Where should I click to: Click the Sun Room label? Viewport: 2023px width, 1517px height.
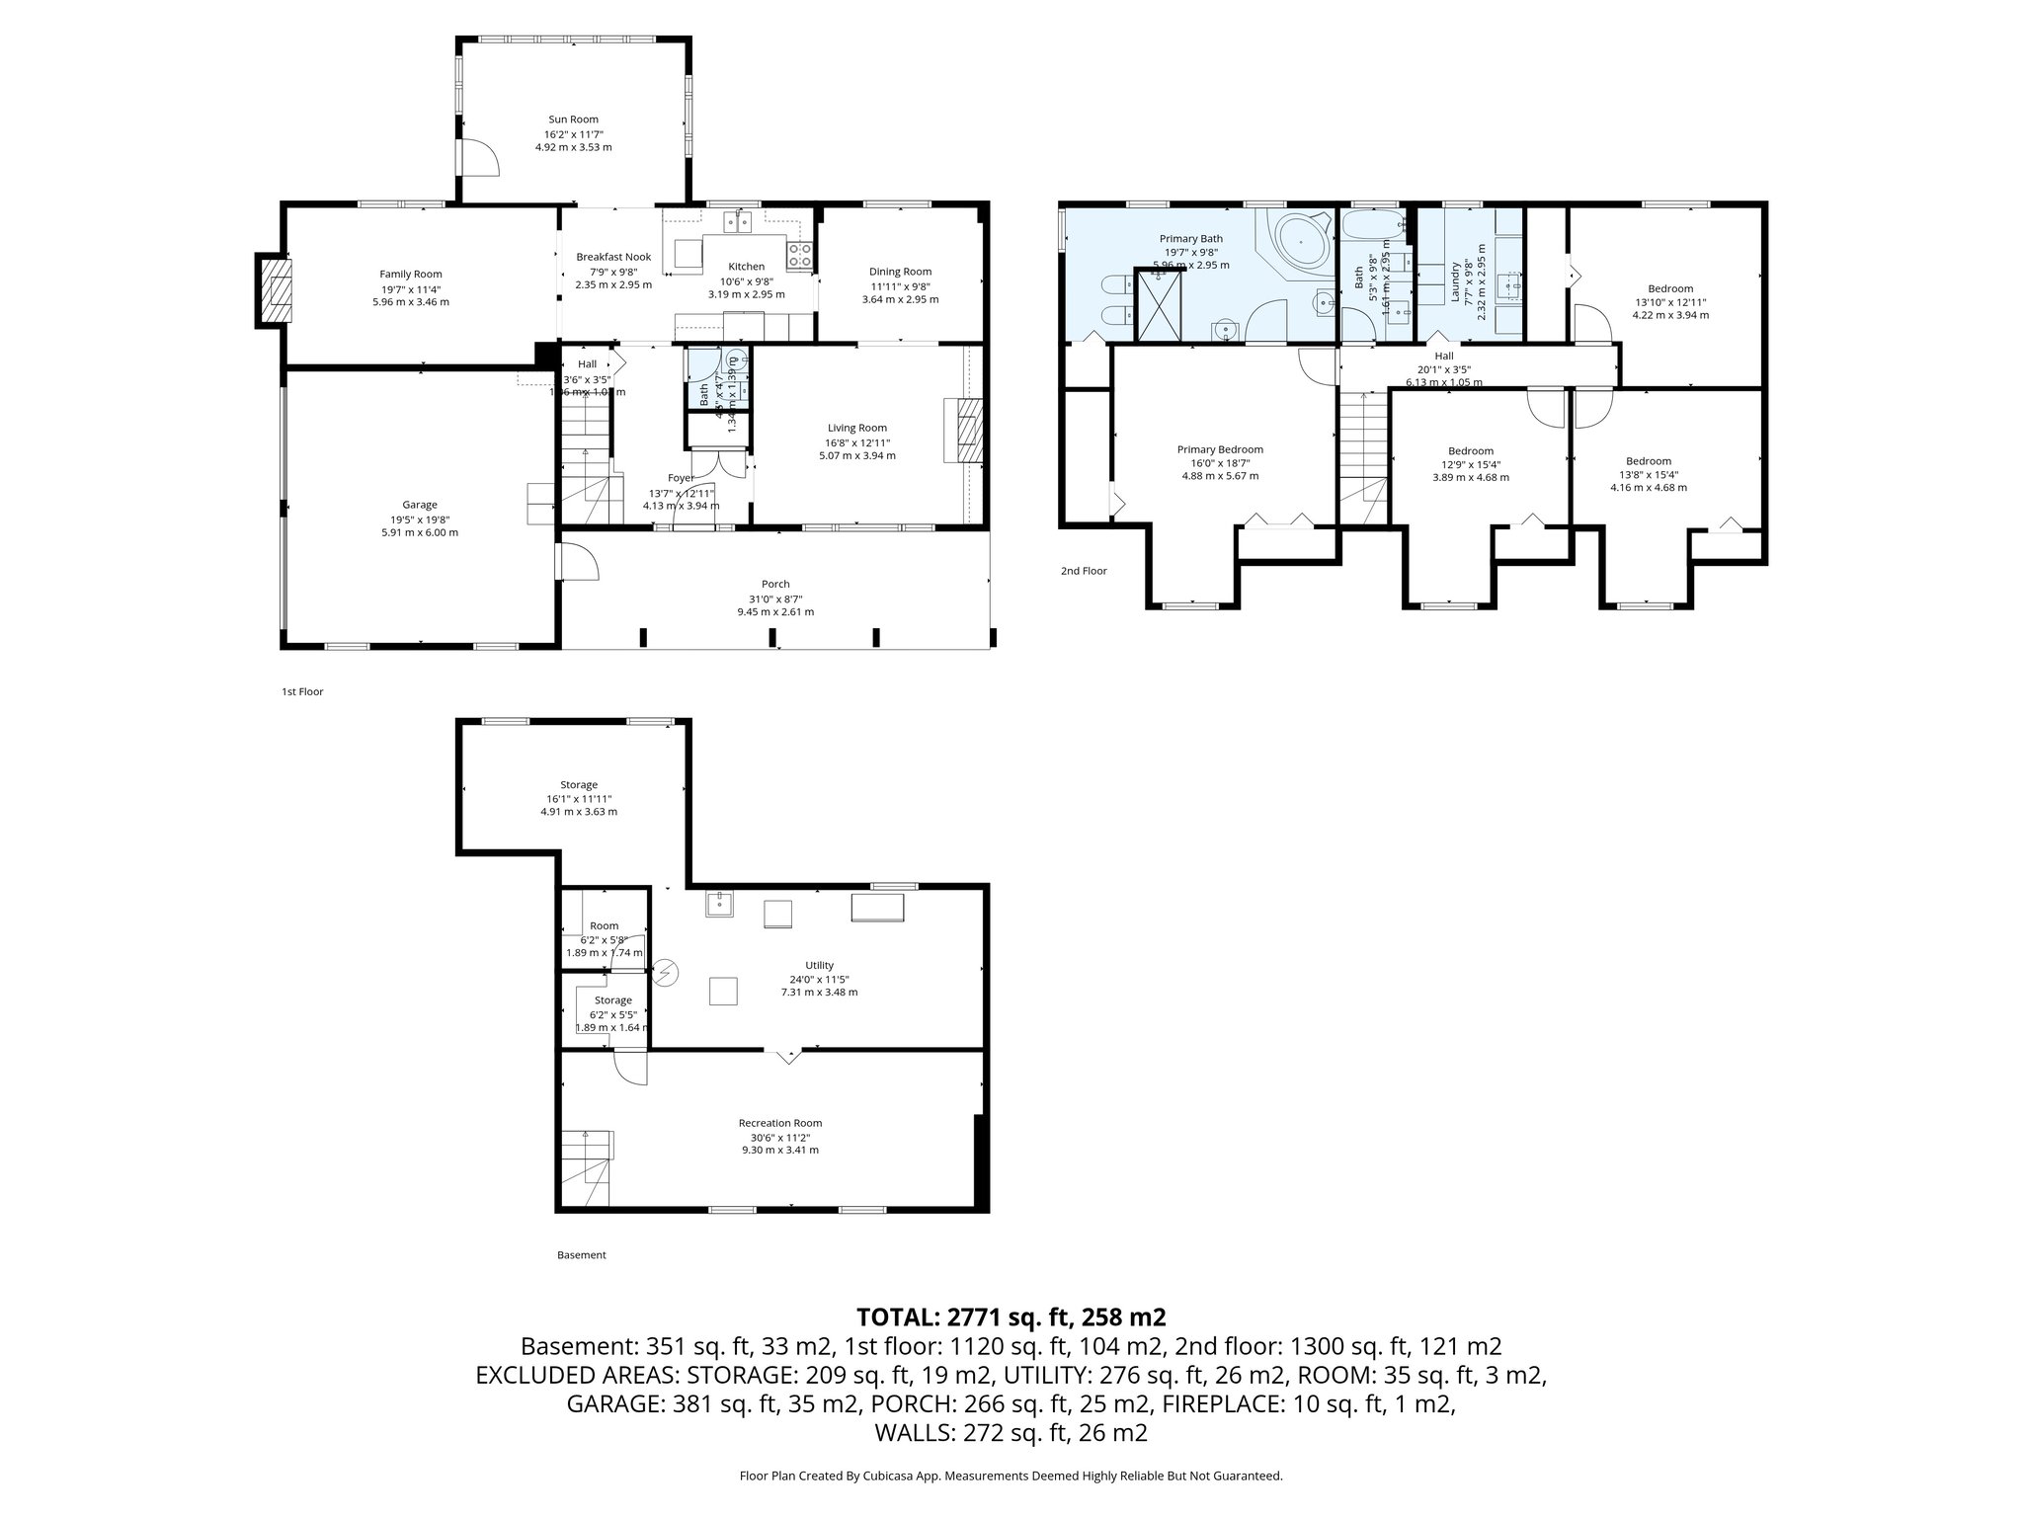[573, 120]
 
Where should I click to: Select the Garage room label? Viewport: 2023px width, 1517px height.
[419, 505]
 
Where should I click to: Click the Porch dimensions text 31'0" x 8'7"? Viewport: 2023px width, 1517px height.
[775, 599]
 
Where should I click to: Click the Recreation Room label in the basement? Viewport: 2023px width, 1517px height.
[779, 1123]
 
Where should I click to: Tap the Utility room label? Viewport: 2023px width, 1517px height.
[819, 965]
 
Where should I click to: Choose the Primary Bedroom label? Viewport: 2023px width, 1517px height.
[1220, 449]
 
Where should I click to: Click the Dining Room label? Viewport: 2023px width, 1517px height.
[900, 272]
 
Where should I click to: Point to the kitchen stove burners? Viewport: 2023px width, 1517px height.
[800, 255]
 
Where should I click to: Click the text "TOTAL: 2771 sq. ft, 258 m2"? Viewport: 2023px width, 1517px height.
[1011, 1317]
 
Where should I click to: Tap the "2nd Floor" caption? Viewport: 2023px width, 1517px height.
[1084, 571]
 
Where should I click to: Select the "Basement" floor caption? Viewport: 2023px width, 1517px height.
[581, 1255]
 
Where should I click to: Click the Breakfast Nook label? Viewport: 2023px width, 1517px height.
[613, 257]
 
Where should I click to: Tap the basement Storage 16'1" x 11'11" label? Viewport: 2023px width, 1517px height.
[579, 785]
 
